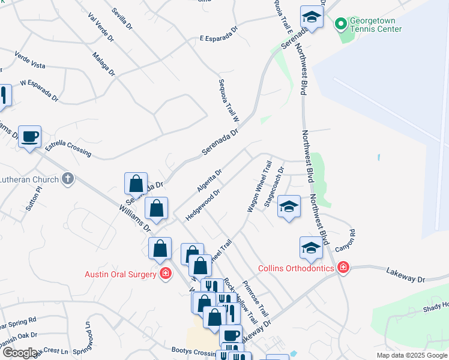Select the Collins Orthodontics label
pyautogui.click(x=296, y=268)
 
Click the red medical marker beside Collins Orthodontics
pyautogui.click(x=343, y=267)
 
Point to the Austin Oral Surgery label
pyautogui.click(x=120, y=274)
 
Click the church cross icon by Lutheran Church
pyautogui.click(x=68, y=178)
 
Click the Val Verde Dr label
pyautogui.click(x=100, y=28)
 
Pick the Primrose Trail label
pyautogui.click(x=255, y=299)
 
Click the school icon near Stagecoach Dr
pyautogui.click(x=289, y=208)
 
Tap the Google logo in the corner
pyautogui.click(x=19, y=353)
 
